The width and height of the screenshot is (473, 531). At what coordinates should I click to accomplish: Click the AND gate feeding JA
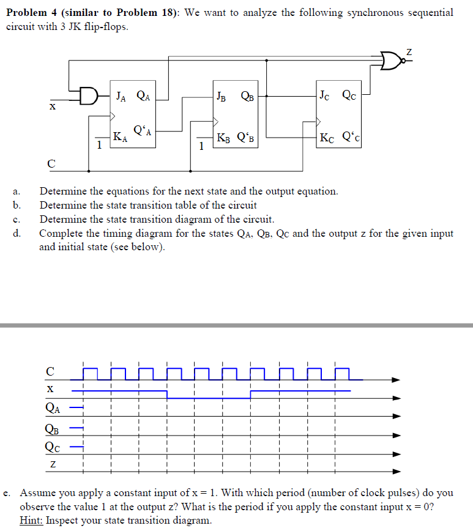(89, 96)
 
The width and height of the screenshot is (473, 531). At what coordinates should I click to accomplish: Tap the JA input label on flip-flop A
(121, 95)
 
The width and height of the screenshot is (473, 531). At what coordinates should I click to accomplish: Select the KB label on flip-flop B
(224, 138)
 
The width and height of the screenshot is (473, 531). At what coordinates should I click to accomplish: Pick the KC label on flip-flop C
(327, 138)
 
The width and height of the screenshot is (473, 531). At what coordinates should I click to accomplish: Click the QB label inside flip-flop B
(248, 95)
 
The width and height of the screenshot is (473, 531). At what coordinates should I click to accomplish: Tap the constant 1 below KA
(99, 145)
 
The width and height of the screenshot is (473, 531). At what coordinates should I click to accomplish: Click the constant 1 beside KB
(201, 146)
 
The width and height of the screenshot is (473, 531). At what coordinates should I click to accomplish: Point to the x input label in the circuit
(53, 106)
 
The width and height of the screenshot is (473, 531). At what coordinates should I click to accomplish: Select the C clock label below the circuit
(51, 163)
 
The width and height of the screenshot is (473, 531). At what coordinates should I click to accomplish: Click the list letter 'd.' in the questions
(18, 232)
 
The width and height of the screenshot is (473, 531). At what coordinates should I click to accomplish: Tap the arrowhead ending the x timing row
(397, 398)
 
